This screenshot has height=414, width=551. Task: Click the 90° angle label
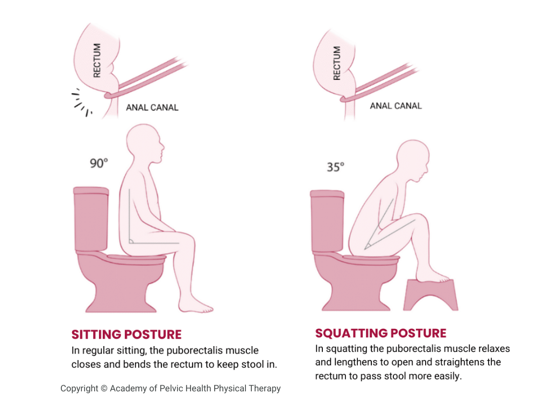(100, 163)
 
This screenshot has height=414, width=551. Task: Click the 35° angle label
(335, 167)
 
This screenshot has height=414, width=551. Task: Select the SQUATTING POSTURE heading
(380, 333)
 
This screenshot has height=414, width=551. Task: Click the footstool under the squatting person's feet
(430, 296)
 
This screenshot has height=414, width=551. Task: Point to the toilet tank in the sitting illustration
(91, 218)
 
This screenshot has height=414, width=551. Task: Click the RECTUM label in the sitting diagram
(97, 60)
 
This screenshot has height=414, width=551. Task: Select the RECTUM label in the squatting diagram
(337, 63)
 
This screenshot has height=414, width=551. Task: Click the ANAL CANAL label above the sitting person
(152, 107)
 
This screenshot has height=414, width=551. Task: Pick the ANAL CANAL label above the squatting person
(395, 106)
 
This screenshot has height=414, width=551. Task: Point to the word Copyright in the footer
(79, 388)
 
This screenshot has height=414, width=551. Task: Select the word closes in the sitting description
(85, 364)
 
